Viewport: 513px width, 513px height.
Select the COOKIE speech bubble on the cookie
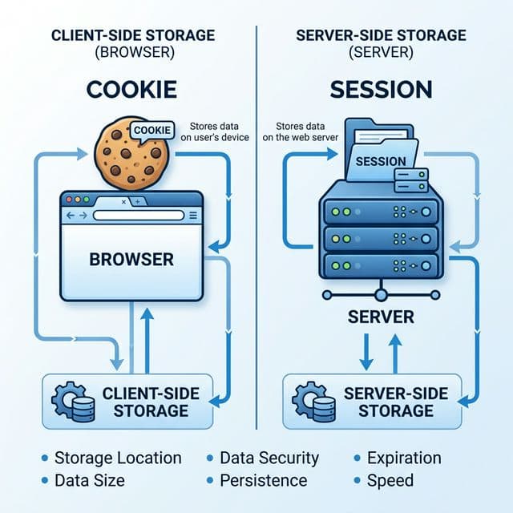tap(151, 130)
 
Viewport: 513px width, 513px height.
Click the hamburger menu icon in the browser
tap(192, 216)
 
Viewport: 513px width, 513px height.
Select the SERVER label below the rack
tap(381, 317)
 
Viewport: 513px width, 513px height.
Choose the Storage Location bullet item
tap(117, 458)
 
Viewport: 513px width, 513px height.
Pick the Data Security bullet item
tap(269, 458)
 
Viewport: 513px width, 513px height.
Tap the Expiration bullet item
tap(404, 458)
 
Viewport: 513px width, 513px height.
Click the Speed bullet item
tap(390, 480)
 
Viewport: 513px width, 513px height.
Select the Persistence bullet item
tap(263, 480)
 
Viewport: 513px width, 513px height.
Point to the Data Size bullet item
tap(89, 480)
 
